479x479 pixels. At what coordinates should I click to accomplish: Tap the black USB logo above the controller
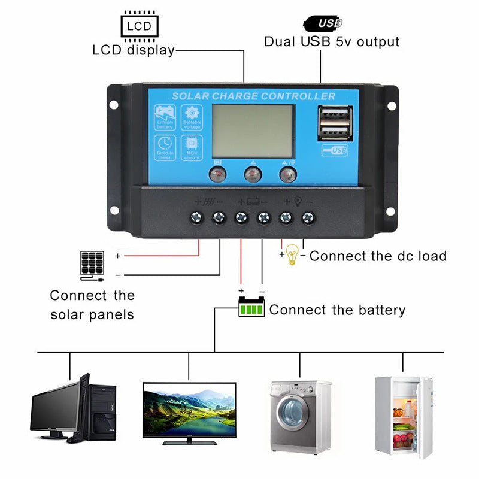[323, 23]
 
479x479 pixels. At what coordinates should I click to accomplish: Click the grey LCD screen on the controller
[254, 132]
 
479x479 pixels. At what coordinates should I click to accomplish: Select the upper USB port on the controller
[335, 114]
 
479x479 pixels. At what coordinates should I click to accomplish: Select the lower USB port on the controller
[335, 130]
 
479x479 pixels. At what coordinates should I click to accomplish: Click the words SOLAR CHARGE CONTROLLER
[253, 96]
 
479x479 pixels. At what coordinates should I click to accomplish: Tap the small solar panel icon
[92, 263]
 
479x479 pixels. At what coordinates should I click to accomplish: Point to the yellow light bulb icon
[292, 254]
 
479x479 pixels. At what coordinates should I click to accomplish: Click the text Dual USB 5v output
[332, 42]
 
